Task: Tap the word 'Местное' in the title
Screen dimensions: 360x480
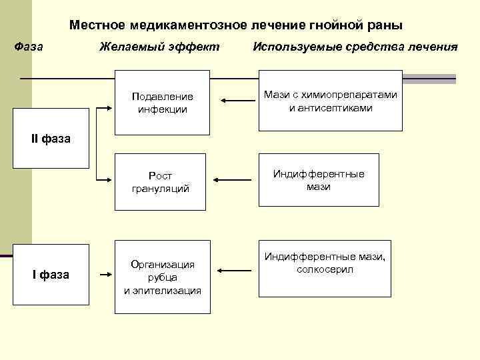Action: pyautogui.click(x=98, y=25)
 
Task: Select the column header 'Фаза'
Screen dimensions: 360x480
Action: pyautogui.click(x=29, y=47)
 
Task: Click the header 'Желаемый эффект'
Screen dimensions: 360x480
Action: pyautogui.click(x=159, y=47)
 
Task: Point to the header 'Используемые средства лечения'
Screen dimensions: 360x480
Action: pyautogui.click(x=355, y=47)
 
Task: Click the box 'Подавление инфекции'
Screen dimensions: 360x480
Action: pyautogui.click(x=163, y=103)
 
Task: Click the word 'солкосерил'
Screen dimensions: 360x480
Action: pyautogui.click(x=325, y=269)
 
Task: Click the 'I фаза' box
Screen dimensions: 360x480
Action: pyautogui.click(x=51, y=274)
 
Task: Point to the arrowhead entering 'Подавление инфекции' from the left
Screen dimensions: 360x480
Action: pyautogui.click(x=111, y=106)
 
